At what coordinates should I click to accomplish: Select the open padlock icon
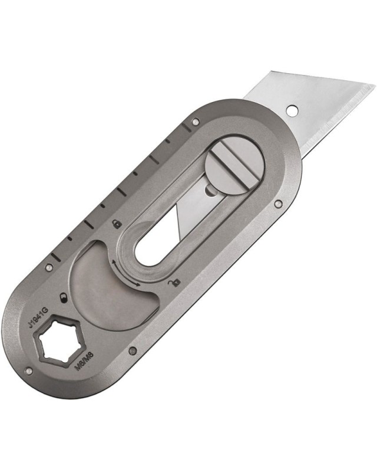click(173, 285)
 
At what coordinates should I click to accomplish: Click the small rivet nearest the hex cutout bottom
click(29, 371)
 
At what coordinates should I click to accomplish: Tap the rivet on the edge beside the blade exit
click(278, 205)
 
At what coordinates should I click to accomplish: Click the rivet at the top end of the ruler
click(196, 122)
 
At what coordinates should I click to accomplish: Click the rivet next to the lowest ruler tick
click(49, 267)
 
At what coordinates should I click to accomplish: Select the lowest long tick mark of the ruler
click(59, 257)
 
